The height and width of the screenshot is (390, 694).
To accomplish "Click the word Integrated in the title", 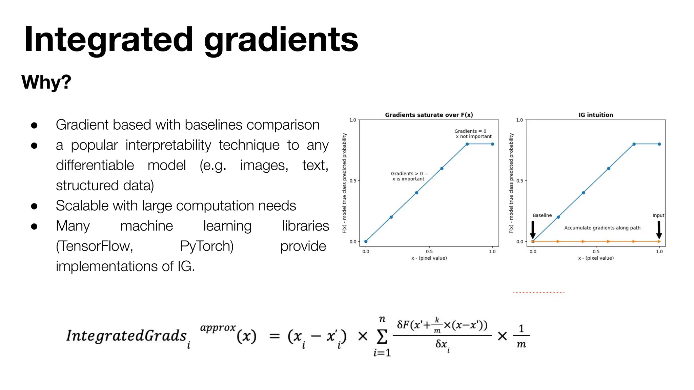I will [x=108, y=40].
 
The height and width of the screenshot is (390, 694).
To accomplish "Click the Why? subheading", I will [x=46, y=82].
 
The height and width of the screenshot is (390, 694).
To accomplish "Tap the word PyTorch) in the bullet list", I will [x=207, y=246].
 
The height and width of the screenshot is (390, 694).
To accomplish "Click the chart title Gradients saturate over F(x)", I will [x=429, y=115].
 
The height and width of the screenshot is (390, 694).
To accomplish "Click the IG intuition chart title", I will [x=595, y=115].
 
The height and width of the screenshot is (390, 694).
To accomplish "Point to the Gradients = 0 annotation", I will [x=470, y=131].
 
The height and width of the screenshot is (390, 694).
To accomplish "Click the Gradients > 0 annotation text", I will [x=409, y=174].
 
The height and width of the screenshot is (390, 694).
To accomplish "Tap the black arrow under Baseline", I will [x=533, y=230].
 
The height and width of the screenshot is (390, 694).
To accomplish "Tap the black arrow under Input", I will [x=659, y=230].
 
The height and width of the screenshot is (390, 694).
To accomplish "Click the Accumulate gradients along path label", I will [x=602, y=228].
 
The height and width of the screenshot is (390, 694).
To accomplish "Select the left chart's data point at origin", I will [x=366, y=241].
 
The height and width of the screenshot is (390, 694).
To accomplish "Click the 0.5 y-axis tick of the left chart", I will [x=353, y=181].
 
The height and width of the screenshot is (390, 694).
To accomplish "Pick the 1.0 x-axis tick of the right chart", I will [x=659, y=252].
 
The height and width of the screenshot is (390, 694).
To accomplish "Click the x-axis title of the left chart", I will [x=429, y=258].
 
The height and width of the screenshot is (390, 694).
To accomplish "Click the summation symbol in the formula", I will [x=382, y=337].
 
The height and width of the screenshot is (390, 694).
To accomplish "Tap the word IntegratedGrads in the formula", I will [x=126, y=336].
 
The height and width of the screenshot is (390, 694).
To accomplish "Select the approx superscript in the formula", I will [x=218, y=328].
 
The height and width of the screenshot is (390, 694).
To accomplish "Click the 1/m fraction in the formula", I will [x=521, y=336].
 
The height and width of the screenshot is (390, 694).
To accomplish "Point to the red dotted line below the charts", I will [x=538, y=292].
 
